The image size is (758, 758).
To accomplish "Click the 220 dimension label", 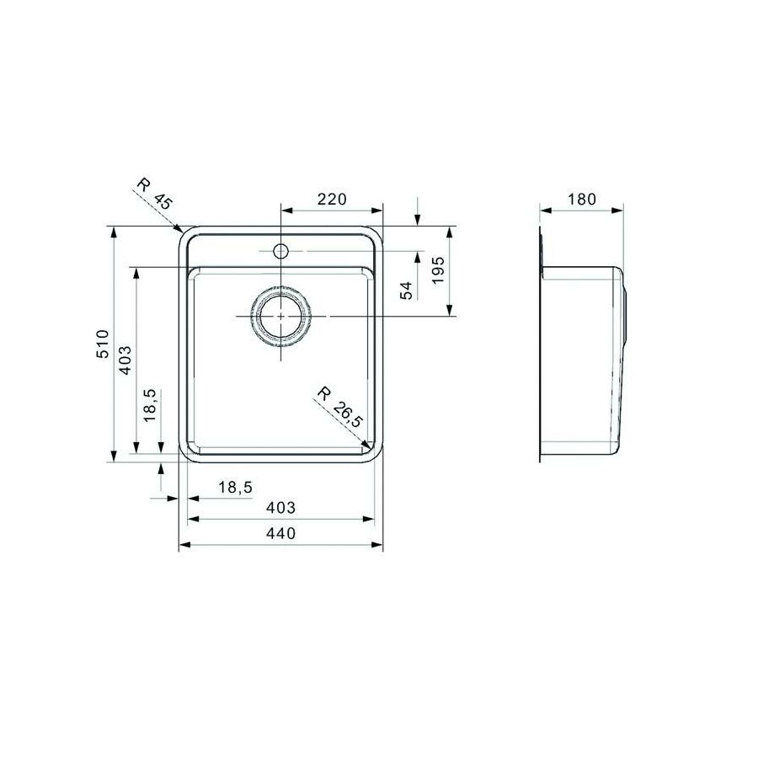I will click(332, 200).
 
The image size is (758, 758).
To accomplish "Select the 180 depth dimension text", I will click(581, 200).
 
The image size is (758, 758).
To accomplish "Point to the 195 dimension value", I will click(435, 271).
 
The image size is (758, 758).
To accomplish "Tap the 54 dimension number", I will click(406, 291).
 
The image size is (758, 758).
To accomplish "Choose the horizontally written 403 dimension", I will click(280, 508).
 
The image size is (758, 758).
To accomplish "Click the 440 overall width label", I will click(280, 533).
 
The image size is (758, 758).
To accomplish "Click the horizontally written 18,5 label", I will click(235, 487).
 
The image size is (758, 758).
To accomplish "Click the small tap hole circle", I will click(280, 251).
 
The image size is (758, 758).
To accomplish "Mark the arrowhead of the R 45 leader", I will click(179, 228).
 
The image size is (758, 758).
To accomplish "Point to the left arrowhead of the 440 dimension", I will click(184, 545).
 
